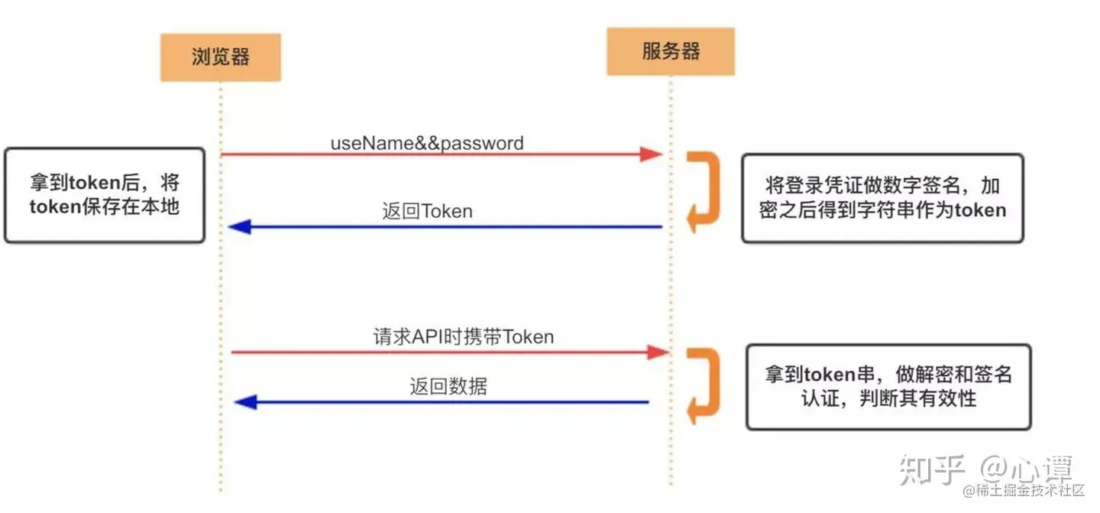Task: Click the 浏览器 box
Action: point(220,57)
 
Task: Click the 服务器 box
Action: point(671,52)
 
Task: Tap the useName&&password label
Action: point(427,143)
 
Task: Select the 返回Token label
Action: point(427,211)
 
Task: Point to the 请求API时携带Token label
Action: point(463,336)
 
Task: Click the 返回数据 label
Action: point(448,386)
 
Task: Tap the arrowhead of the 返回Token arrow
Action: point(240,226)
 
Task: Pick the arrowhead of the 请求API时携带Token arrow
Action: point(658,352)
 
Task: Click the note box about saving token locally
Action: point(105,196)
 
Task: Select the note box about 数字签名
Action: point(882,198)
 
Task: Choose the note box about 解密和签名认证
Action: point(888,386)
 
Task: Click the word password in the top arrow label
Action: point(486,143)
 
